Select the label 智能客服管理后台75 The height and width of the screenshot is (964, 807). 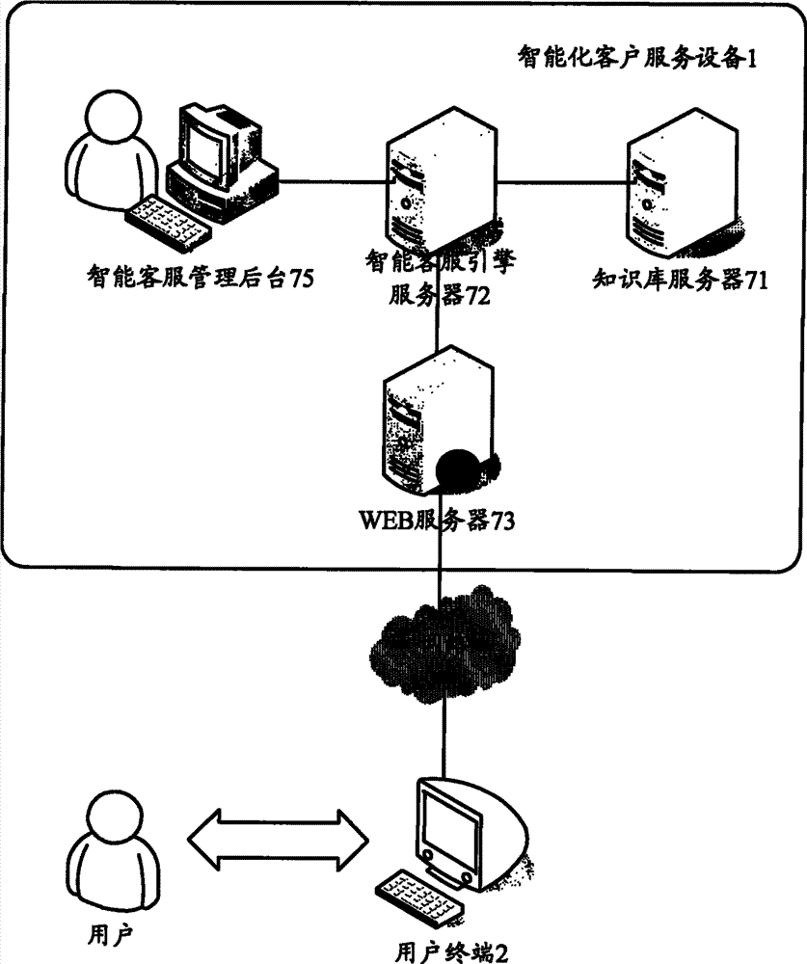point(199,279)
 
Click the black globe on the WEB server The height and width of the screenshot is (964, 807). point(459,472)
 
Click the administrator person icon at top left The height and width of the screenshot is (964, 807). point(109,154)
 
